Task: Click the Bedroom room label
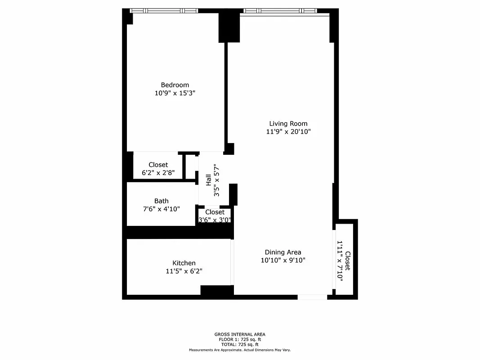tap(175, 85)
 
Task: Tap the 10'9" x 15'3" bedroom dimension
tap(175, 93)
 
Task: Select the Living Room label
tap(288, 124)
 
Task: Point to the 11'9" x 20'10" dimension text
tap(288, 132)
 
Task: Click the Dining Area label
tap(283, 252)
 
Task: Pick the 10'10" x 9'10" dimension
tap(283, 260)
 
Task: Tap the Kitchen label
tap(184, 263)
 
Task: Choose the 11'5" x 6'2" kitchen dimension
tap(184, 271)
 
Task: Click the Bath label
tap(161, 201)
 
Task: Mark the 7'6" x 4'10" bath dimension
tap(161, 209)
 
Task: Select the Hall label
tap(209, 181)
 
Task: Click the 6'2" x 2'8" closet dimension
tap(158, 173)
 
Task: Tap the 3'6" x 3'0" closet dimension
tap(215, 220)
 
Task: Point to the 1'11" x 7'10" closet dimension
tap(340, 261)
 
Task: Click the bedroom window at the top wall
tap(164, 11)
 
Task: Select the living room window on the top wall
tap(280, 11)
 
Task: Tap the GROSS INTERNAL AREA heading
tap(240, 334)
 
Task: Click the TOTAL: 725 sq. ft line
tap(240, 344)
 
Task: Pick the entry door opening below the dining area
tap(312, 297)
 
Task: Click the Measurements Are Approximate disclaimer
tap(240, 350)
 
